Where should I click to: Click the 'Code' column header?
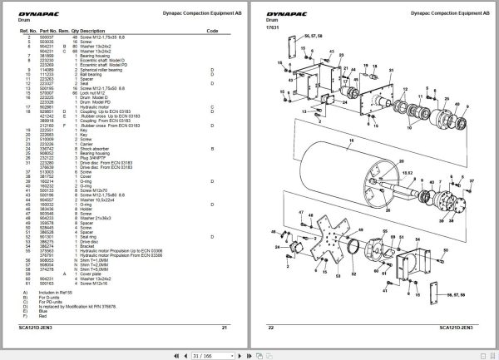(212, 30)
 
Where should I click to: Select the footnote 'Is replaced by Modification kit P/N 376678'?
(82, 306)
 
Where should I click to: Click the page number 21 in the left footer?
(225, 327)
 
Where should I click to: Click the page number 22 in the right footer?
(271, 327)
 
